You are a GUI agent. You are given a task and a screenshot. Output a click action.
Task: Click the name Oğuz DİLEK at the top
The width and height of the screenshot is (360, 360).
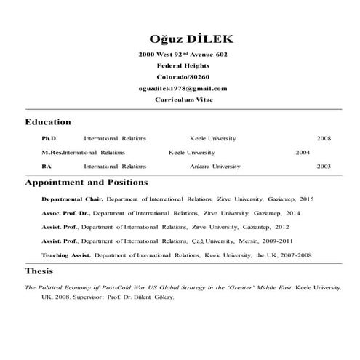tap(183, 38)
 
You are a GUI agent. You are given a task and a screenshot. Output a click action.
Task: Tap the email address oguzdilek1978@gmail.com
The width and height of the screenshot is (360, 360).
tap(183, 88)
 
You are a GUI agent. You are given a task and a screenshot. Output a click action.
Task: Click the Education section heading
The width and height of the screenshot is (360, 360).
tap(48, 122)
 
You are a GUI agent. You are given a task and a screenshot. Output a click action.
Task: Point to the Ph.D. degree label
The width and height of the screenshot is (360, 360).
tap(49, 138)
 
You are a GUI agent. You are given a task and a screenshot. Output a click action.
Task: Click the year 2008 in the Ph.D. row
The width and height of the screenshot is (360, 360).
tap(324, 138)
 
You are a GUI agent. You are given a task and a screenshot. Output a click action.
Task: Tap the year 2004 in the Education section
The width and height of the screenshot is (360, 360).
tap(303, 153)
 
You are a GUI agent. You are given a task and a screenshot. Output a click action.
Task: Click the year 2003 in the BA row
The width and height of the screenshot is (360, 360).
tap(324, 167)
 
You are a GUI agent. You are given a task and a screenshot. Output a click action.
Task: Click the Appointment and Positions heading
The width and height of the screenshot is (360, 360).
tap(87, 182)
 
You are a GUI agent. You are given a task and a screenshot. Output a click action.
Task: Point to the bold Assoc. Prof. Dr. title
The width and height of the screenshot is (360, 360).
tap(65, 213)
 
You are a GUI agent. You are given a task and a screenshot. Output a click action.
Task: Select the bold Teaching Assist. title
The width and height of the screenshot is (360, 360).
tap(67, 255)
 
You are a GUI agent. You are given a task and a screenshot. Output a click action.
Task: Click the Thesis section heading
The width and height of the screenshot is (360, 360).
tap(39, 272)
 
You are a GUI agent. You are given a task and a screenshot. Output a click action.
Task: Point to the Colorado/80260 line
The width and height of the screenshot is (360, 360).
tap(183, 76)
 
